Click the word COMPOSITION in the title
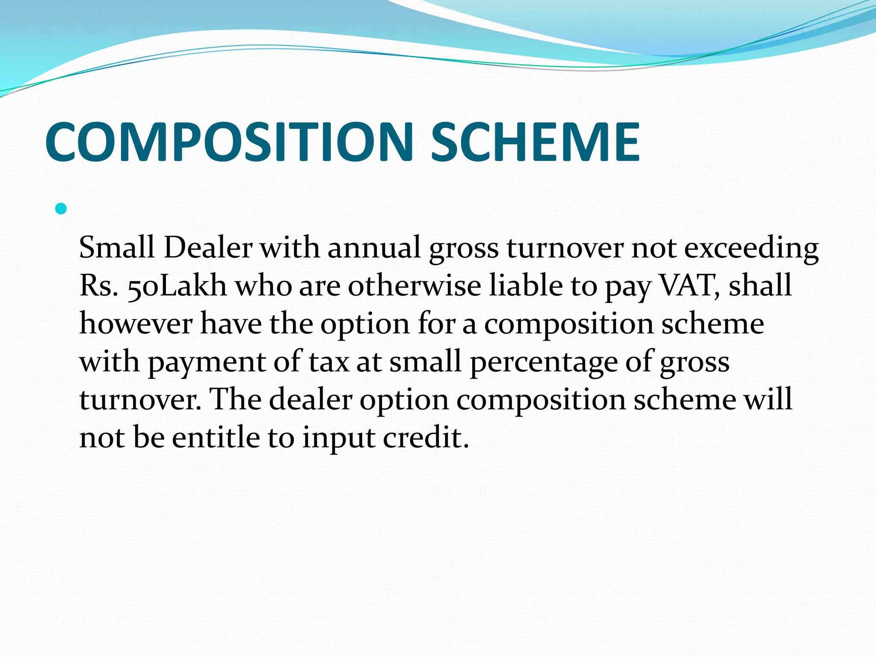229,142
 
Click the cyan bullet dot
61,209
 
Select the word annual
374,248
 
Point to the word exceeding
752,249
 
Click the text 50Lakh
177,286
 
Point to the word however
136,323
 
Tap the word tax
329,362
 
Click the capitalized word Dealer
208,248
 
